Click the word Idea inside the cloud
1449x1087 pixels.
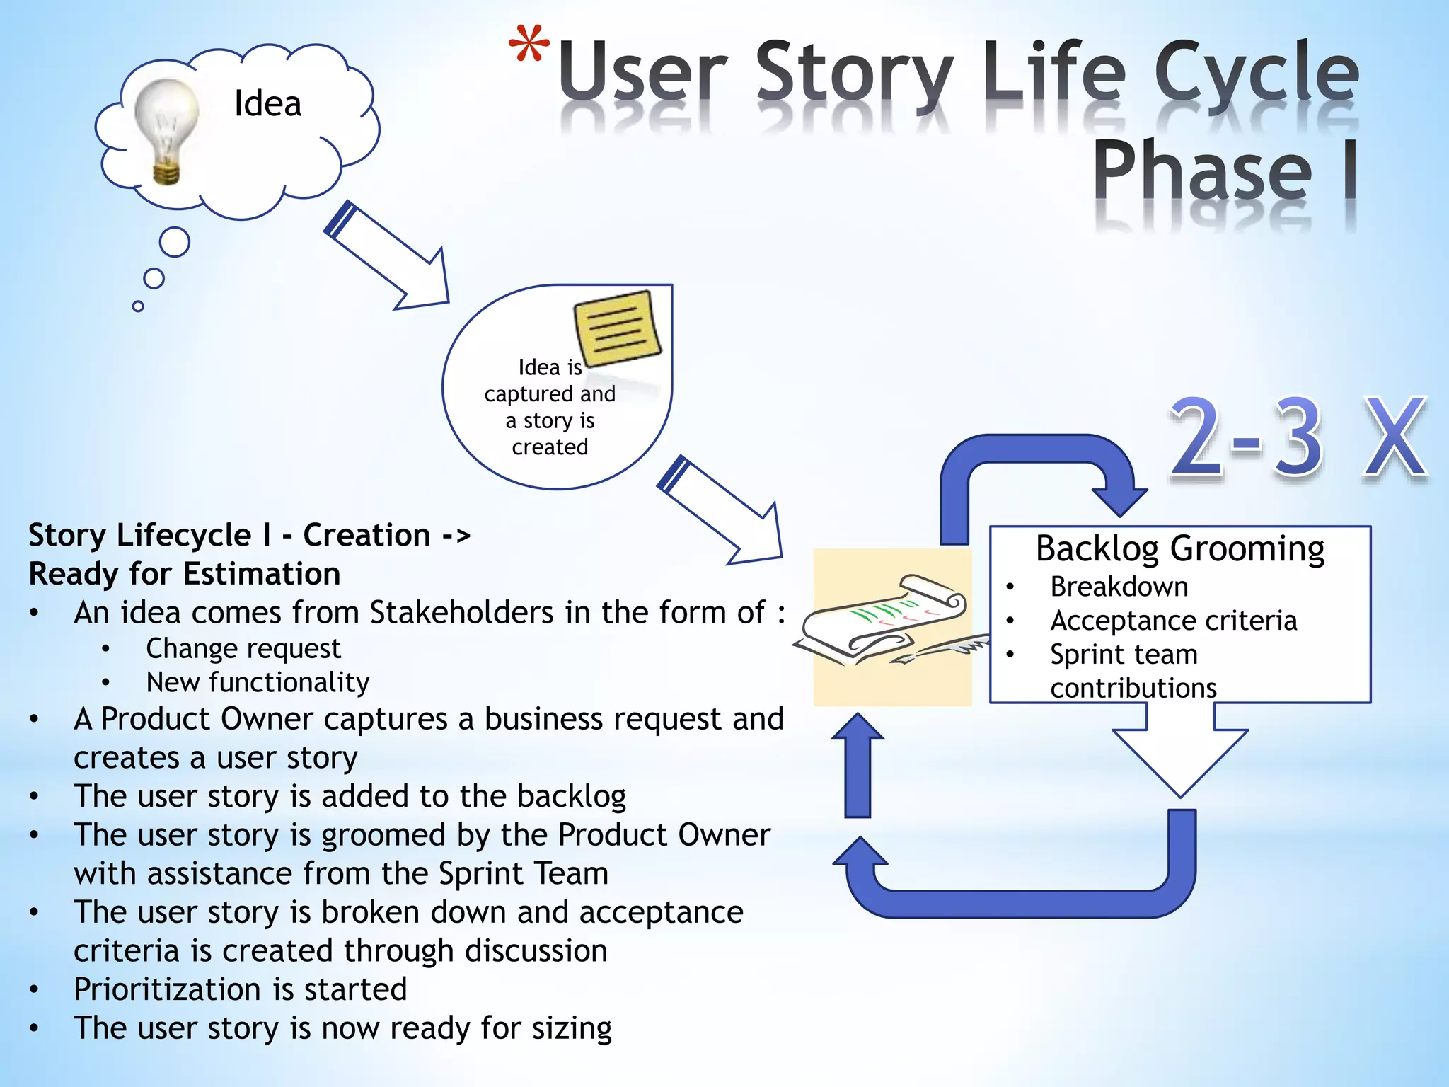point(267,104)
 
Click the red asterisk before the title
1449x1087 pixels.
point(529,46)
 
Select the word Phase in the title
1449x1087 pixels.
point(1202,172)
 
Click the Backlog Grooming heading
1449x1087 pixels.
point(1179,548)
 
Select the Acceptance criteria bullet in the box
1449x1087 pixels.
point(1173,621)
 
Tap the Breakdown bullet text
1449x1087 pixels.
point(1119,587)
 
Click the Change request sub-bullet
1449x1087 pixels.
point(243,648)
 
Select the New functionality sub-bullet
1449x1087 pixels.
point(257,682)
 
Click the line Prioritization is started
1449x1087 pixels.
point(240,989)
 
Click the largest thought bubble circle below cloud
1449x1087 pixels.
point(174,242)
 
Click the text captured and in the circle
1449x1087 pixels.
point(549,394)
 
